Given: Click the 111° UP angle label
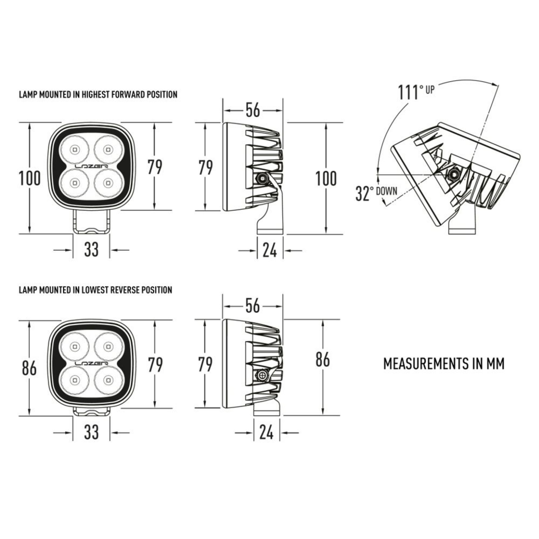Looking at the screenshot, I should (415, 92).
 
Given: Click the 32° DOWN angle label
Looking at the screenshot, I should (376, 193).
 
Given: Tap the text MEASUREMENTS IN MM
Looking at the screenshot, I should (444, 364).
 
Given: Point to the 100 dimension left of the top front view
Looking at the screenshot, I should (29, 178).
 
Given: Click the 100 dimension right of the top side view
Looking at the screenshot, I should (326, 179).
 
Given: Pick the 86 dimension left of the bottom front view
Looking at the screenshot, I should (29, 368).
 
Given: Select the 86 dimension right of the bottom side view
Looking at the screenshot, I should (322, 359).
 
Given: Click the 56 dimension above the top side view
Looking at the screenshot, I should (253, 110).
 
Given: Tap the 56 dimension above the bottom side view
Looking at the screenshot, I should (252, 306).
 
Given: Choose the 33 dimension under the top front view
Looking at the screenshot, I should (91, 249).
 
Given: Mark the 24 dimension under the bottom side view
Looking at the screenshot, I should (266, 432).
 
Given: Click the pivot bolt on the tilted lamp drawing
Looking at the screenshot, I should (453, 174).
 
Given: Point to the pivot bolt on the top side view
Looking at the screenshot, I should (263, 178).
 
